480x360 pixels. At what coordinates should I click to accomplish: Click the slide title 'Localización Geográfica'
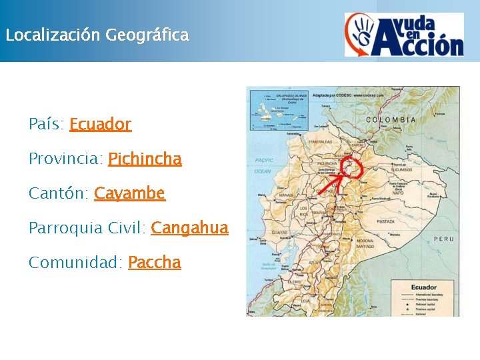tap(97, 35)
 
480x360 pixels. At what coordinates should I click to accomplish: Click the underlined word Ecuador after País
tap(100, 124)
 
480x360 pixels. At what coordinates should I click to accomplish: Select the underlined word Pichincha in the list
tap(145, 159)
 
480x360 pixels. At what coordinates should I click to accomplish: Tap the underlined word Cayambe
tap(129, 193)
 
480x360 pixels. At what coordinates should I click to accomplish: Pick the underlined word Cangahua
tap(189, 228)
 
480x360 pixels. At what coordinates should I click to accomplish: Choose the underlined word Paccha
tap(154, 263)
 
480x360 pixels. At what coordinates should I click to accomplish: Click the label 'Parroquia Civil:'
tap(87, 228)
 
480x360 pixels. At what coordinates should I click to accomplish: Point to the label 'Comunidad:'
tap(75, 263)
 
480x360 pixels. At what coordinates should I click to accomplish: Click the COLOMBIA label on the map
tap(391, 120)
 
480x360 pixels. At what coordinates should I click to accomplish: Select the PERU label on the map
tap(443, 239)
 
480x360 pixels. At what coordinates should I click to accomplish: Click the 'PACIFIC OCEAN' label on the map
tap(264, 165)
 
